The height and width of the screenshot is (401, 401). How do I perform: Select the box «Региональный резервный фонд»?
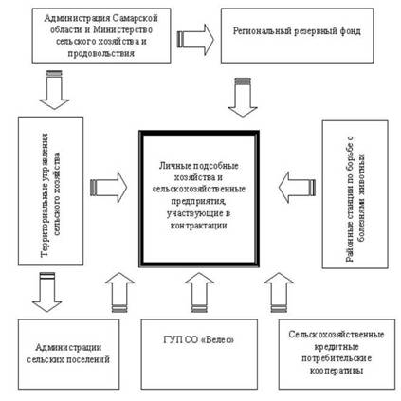pos(297,36)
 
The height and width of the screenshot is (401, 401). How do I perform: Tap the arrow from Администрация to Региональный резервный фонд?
pos(195,40)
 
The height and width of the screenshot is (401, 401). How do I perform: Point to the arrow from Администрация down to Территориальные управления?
pos(54,90)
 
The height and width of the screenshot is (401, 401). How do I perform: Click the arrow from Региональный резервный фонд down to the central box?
pos(243,98)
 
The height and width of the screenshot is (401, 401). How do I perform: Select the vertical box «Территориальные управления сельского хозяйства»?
pos(51,191)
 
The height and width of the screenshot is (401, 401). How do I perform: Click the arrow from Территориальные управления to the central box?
pos(108,188)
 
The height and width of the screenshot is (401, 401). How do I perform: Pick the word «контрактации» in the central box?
pos(198,226)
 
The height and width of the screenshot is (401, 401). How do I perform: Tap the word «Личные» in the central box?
pos(173,166)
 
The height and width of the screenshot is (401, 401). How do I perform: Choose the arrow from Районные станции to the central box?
pos(297,188)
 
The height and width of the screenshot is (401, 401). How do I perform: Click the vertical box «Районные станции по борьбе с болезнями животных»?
pos(355,194)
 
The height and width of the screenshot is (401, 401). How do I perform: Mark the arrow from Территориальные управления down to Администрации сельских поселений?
pos(47,292)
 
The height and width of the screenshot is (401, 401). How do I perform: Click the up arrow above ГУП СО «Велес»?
pos(199,292)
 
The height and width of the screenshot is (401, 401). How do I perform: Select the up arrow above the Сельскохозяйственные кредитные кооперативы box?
pos(279,292)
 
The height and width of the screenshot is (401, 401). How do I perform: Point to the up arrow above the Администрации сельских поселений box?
pos(119,292)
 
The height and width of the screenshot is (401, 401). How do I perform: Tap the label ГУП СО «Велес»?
pos(199,340)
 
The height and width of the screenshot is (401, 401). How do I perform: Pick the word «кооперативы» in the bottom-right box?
pos(337,371)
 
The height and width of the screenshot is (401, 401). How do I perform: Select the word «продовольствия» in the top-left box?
pos(101,53)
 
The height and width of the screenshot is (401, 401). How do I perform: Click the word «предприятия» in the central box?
pos(198,201)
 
